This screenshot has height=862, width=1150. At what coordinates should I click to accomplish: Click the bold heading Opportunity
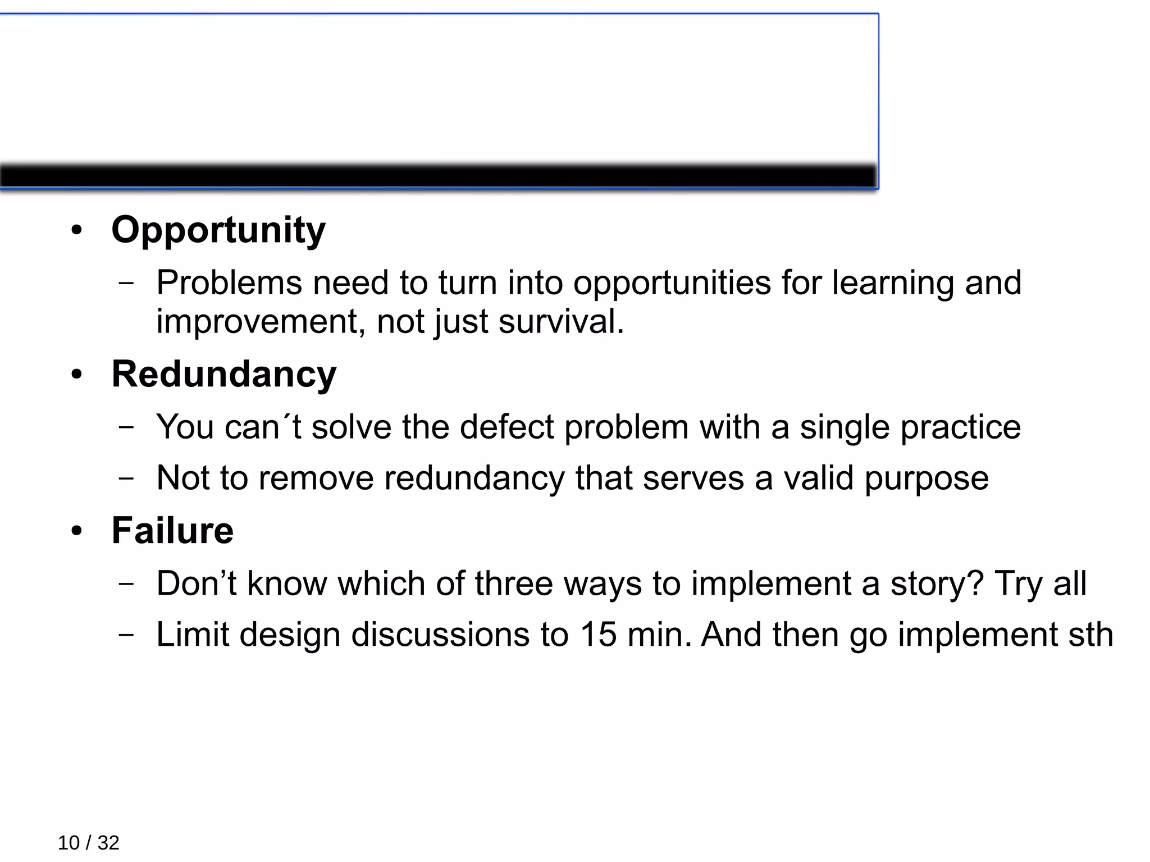tap(218, 230)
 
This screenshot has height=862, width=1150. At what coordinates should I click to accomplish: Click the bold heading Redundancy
tap(224, 375)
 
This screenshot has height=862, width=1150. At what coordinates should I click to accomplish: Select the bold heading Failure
tap(172, 531)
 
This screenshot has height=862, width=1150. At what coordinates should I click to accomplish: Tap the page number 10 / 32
tap(89, 843)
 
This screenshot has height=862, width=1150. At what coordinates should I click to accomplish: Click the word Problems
tap(229, 282)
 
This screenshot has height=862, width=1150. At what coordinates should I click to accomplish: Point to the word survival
tap(561, 322)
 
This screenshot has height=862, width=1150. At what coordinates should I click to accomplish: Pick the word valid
tap(819, 478)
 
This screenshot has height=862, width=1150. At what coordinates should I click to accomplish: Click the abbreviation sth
tap(1093, 635)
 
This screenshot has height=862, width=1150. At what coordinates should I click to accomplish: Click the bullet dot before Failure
tap(77, 531)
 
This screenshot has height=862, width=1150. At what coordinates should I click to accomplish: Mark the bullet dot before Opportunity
tap(77, 231)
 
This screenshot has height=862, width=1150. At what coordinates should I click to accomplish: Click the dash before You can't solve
tap(126, 427)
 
